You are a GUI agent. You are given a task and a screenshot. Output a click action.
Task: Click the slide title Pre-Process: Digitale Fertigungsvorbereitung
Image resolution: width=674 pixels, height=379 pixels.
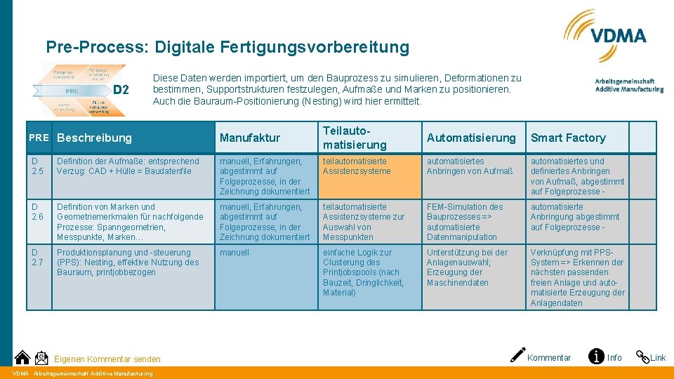click(227, 48)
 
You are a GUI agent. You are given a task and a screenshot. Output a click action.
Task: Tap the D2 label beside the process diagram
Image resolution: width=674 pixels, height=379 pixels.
click(121, 90)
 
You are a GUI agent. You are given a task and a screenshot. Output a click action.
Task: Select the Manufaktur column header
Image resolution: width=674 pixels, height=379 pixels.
click(249, 138)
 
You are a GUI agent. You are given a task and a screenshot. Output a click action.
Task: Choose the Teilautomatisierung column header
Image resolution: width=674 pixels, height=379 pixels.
click(355, 138)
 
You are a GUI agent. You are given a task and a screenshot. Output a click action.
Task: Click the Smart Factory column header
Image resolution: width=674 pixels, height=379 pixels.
click(567, 138)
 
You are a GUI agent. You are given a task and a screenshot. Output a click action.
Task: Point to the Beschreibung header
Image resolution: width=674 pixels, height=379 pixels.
click(94, 138)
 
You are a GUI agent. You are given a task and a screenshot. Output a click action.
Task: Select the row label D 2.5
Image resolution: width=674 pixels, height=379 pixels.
click(38, 166)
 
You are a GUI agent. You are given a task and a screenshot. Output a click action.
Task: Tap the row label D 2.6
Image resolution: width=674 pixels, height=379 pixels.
click(38, 212)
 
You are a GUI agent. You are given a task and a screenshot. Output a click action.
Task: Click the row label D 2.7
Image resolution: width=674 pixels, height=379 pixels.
click(38, 258)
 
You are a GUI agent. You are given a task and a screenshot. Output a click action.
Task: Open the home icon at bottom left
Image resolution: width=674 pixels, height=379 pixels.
click(22, 358)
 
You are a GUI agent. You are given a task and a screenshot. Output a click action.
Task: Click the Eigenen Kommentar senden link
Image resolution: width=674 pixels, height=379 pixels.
click(107, 359)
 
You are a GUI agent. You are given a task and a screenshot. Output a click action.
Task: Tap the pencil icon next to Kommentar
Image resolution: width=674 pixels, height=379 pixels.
click(518, 357)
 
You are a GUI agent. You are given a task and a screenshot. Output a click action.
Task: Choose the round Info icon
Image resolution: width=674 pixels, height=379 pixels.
click(596, 357)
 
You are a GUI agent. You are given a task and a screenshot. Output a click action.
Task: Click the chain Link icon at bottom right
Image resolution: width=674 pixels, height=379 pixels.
click(642, 357)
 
